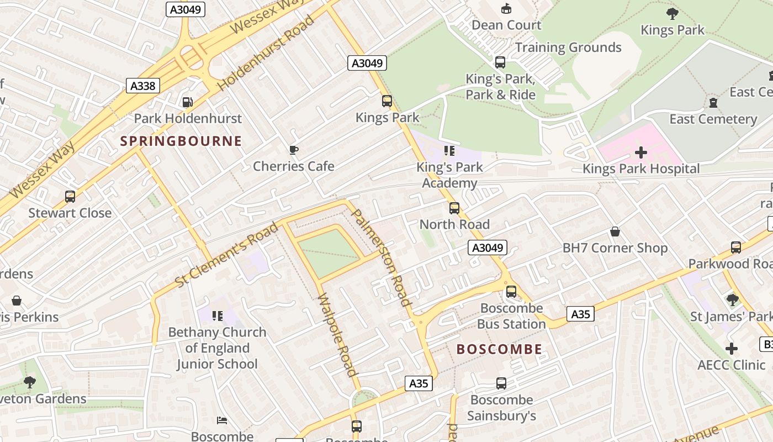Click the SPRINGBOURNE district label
[x=181, y=141]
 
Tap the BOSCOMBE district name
[x=499, y=349]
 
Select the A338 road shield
[x=143, y=86]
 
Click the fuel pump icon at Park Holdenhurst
[x=188, y=102]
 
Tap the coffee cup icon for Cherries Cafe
[x=294, y=150]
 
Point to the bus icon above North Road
[x=454, y=208]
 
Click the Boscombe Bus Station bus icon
[x=511, y=292]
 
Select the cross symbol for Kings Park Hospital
[x=641, y=152]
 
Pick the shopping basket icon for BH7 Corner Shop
[x=615, y=231]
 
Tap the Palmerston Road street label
[x=382, y=257]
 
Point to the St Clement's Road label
[x=227, y=255]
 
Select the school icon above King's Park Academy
[x=449, y=151]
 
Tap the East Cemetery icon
[x=713, y=102]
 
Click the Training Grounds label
[x=568, y=48]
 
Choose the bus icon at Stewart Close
[x=70, y=197]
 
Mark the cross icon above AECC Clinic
[x=732, y=349]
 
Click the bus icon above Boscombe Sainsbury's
[x=501, y=383]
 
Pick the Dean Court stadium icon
[x=506, y=8]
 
